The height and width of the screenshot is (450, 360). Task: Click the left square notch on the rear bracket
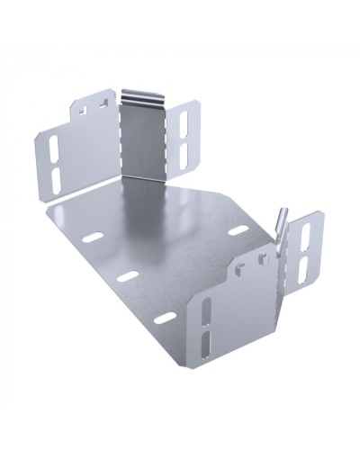pos(83,109)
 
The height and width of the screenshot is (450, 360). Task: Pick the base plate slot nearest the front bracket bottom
pos(165,318)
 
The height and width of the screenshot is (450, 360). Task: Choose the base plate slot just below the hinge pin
pos(238,232)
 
